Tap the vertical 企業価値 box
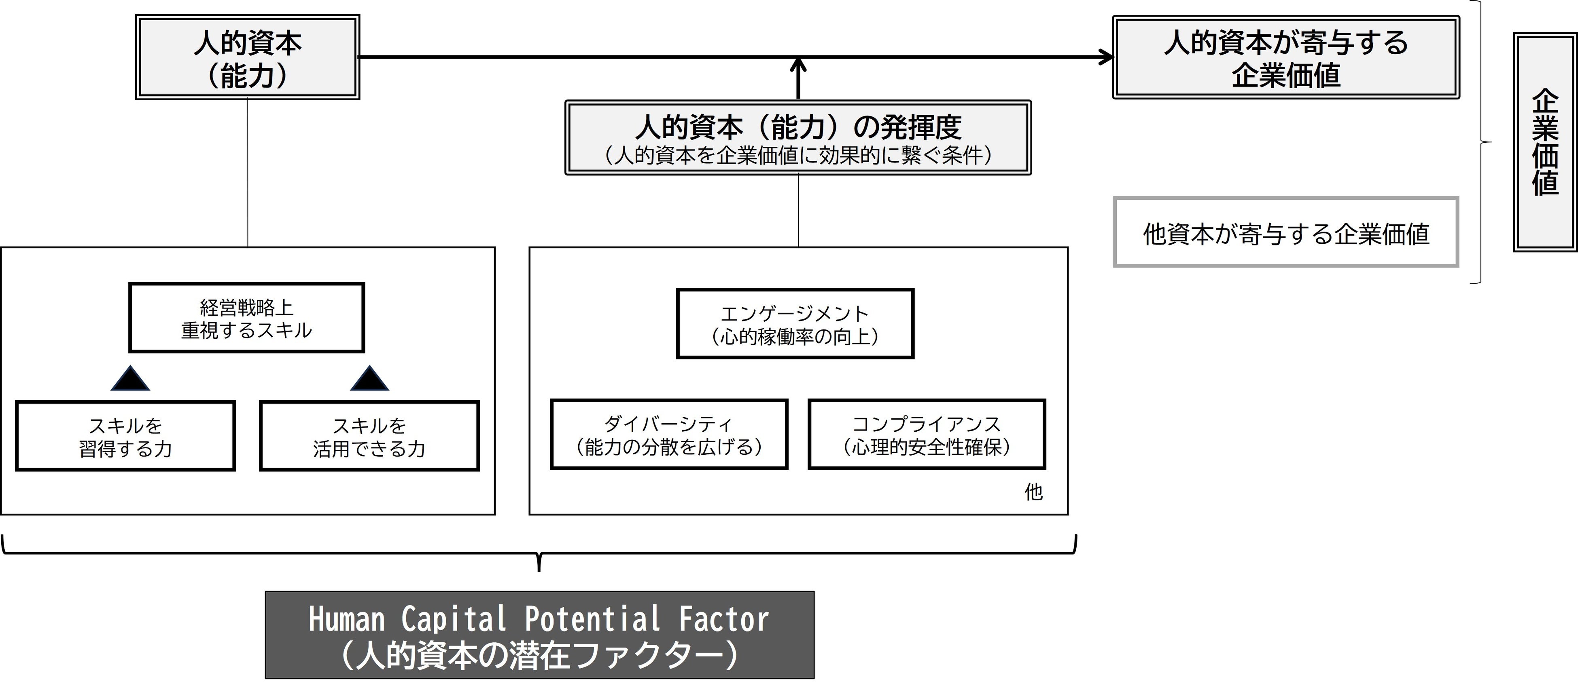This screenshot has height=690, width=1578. pyautogui.click(x=1544, y=142)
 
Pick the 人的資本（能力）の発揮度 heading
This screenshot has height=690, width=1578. pyautogui.click(x=797, y=127)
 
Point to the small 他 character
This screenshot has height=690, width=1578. pyautogui.click(x=1033, y=492)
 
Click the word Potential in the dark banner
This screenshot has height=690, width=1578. pyautogui.click(x=592, y=619)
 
